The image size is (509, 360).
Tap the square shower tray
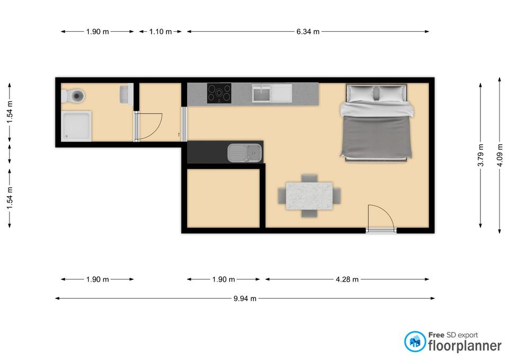[76, 126]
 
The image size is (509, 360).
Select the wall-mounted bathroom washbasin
[127, 94]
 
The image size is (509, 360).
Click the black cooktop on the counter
[219, 93]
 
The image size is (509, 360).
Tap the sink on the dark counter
[244, 153]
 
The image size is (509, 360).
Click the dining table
[309, 196]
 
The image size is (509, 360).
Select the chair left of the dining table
[282, 196]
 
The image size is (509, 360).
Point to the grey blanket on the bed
[376, 136]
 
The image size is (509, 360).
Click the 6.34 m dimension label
[308, 32]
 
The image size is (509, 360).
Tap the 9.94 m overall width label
[245, 298]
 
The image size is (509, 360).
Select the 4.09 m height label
[500, 155]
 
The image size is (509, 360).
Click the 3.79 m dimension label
[481, 155]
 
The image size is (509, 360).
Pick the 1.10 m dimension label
[160, 32]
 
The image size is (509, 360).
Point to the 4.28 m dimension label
[347, 279]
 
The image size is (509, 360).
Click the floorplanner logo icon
[415, 341]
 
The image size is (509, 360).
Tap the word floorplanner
[465, 345]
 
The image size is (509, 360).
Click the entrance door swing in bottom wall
[381, 218]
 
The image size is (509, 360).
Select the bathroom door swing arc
[150, 127]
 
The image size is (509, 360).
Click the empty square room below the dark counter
[223, 198]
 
